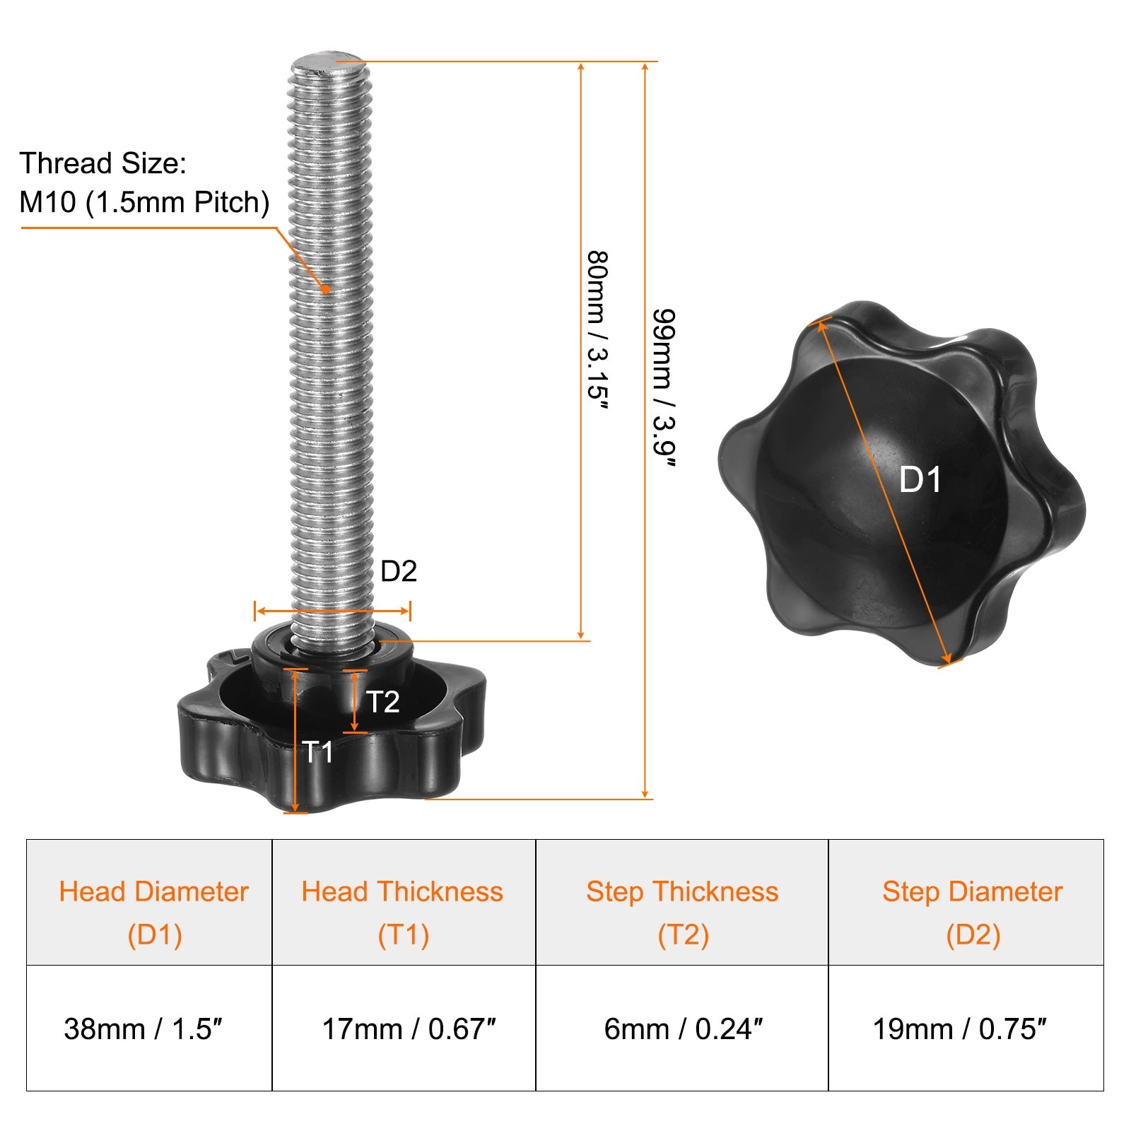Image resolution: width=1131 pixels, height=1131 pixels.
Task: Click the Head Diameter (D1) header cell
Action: [149, 903]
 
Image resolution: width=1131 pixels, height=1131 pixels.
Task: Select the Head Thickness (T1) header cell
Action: [404, 903]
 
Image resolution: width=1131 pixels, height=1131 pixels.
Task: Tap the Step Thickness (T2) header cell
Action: [682, 903]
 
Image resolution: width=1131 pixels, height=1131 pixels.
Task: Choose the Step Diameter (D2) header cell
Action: [966, 903]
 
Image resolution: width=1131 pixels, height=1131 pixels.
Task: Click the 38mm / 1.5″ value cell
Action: [149, 1029]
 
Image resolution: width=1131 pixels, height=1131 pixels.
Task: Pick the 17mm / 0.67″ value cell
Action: [404, 1029]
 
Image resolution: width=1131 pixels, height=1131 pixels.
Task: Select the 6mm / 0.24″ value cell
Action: [682, 1029]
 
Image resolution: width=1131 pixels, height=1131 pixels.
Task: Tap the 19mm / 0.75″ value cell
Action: [966, 1029]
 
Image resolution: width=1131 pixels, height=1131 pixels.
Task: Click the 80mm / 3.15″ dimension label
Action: [598, 329]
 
